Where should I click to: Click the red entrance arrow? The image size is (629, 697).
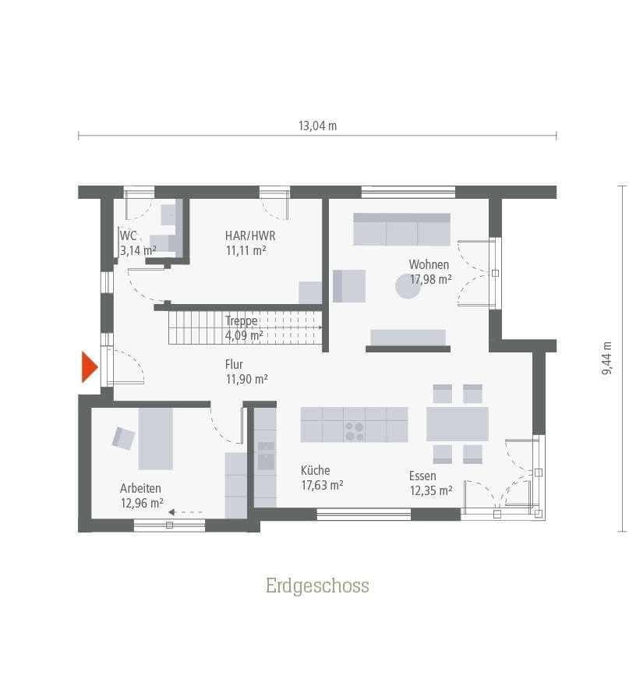click(89, 367)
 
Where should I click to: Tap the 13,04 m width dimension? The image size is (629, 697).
click(317, 126)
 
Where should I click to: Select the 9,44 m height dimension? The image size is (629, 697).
click(606, 359)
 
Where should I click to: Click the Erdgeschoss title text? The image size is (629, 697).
click(317, 586)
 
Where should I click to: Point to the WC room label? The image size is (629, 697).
click(129, 235)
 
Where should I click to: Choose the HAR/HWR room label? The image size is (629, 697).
click(249, 235)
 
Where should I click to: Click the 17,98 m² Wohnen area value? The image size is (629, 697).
click(430, 279)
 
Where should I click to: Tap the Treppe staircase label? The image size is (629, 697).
click(241, 320)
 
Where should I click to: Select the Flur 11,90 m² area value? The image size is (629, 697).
click(246, 379)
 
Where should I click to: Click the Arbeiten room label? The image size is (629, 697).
click(140, 488)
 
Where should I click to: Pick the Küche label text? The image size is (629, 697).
click(316, 470)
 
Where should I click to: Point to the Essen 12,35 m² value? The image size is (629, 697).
click(430, 490)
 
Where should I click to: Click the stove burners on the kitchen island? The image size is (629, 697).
click(354, 431)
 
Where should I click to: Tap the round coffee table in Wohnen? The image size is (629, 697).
click(408, 286)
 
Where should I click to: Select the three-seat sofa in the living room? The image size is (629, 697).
click(401, 229)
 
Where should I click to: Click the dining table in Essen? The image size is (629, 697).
click(457, 424)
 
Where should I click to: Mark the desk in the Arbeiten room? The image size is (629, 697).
click(155, 438)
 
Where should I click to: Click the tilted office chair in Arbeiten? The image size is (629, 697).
click(123, 438)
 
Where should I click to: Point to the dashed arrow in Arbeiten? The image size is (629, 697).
click(186, 512)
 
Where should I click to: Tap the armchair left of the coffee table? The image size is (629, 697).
click(348, 285)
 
